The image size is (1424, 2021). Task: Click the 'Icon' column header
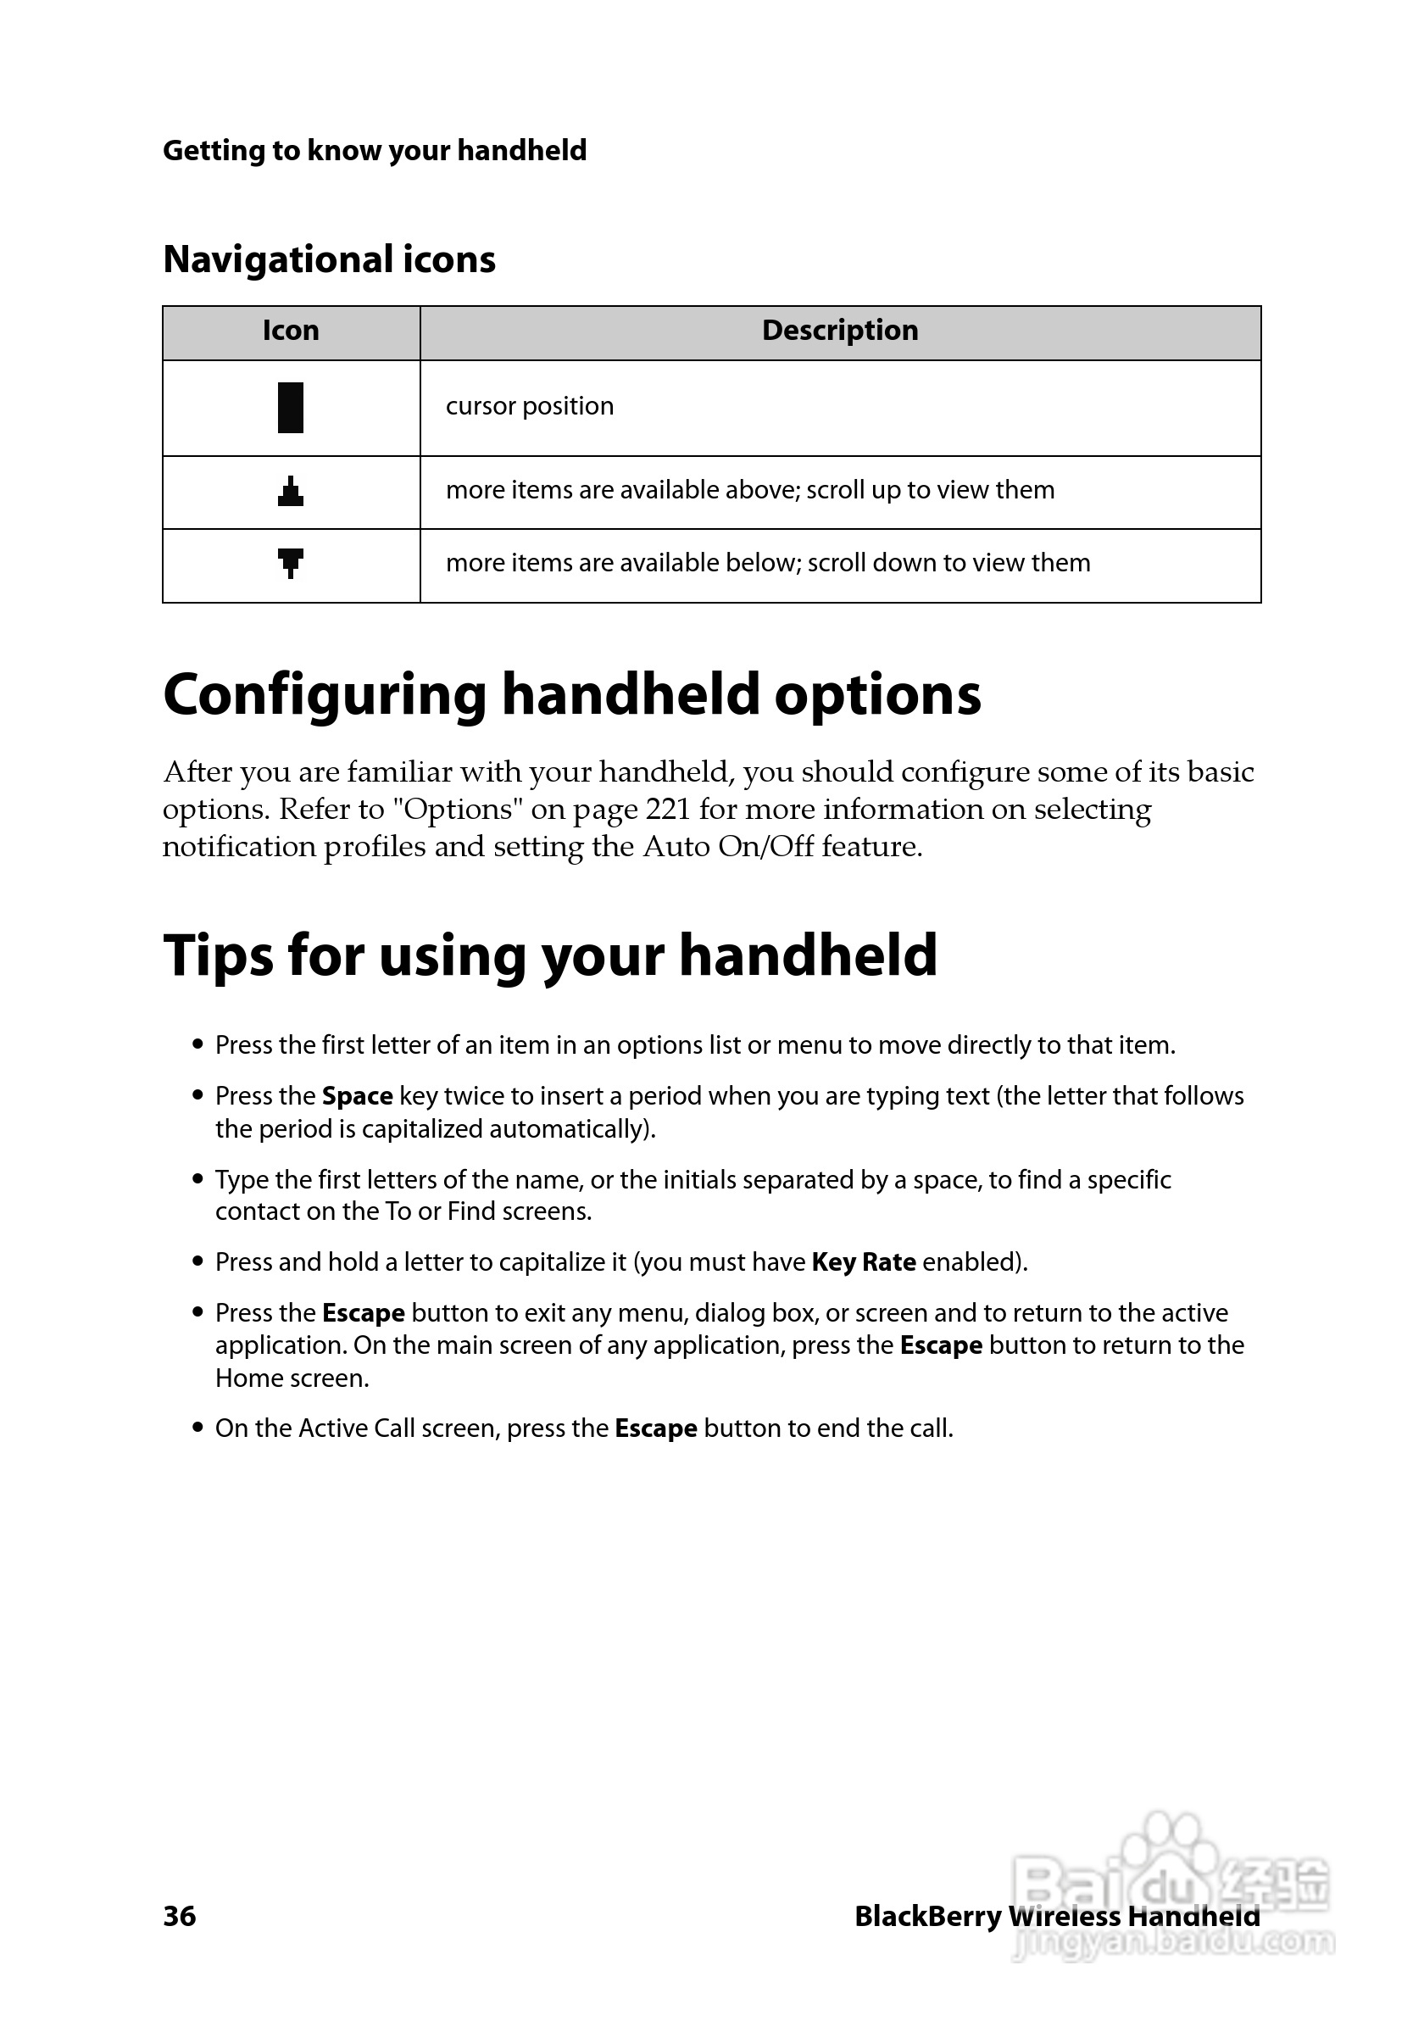pos(291,331)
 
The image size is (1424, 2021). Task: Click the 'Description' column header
pos(840,331)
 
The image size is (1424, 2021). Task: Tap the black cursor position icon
pos(291,408)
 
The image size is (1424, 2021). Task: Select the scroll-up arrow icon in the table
pos(291,491)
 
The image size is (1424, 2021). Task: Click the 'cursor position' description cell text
pos(530,407)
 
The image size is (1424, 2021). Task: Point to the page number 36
pos(180,1915)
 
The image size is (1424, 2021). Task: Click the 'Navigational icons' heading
pos(329,259)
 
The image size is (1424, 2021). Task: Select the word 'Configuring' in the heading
pos(324,695)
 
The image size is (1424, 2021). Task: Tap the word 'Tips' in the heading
pos(217,956)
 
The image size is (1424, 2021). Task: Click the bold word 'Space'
pos(358,1096)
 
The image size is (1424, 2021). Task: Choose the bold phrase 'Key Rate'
pos(864,1262)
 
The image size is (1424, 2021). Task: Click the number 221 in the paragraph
pos(668,809)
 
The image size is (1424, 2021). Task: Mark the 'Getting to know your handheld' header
pos(374,151)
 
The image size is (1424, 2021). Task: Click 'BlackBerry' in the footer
pos(927,1916)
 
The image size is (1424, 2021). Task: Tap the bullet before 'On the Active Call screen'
pos(198,1428)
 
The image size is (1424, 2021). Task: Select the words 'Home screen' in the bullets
pos(291,1378)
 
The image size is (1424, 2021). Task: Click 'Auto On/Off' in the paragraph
pos(728,847)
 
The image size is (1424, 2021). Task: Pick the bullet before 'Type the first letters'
pos(198,1179)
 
